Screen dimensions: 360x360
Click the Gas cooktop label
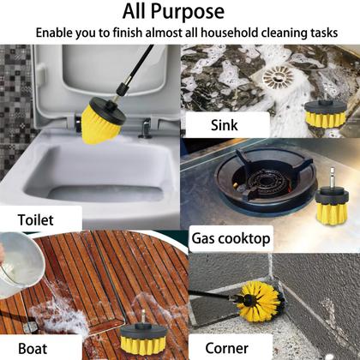231,237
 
